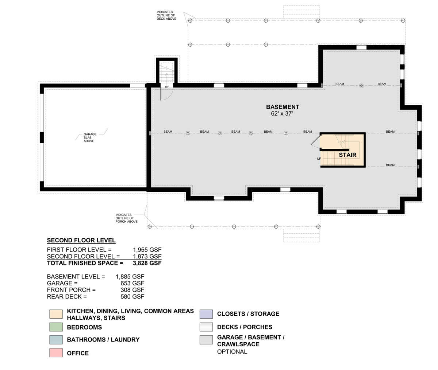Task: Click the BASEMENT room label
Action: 283,107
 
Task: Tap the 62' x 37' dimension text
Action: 282,114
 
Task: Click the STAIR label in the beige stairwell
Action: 347,155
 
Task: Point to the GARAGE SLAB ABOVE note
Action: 90,137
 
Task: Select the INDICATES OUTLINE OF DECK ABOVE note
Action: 166,15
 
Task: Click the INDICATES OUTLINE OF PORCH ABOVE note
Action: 126,218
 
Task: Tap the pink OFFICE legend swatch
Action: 56,353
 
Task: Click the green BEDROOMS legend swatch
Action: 56,327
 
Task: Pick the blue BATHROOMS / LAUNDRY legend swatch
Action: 56,340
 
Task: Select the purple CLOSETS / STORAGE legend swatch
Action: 206,314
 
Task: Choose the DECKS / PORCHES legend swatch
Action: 206,327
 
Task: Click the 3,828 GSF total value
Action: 147,263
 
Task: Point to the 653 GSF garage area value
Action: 132,283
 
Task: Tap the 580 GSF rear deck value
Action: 132,297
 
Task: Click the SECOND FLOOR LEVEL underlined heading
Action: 81,241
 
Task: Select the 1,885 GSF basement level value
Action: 130,277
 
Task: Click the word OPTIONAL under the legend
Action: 232,351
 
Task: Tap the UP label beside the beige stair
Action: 319,159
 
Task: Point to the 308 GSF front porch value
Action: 132,290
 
